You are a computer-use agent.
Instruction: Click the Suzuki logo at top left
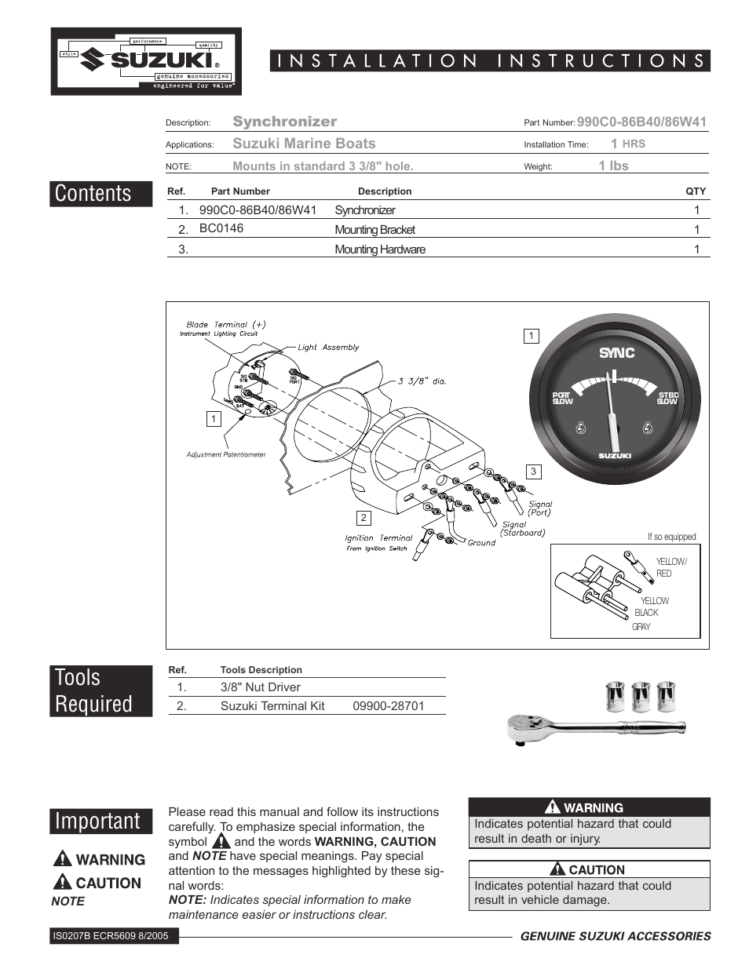[147, 61]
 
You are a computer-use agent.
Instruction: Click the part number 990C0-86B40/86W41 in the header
[641, 122]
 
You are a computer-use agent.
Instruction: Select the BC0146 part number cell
[221, 228]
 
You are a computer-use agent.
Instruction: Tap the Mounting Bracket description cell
[374, 230]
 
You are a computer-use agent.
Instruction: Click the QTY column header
[696, 191]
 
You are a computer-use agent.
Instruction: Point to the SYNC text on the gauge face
[616, 353]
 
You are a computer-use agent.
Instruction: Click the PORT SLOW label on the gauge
[562, 399]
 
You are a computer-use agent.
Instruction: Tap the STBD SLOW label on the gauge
[668, 399]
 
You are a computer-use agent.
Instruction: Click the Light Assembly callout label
[328, 347]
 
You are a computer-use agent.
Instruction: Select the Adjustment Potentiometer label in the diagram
[226, 454]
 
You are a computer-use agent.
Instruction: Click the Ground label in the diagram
[481, 542]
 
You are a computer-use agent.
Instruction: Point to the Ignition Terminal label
[378, 538]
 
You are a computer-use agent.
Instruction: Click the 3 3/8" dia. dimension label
[422, 381]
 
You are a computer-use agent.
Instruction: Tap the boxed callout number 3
[533, 472]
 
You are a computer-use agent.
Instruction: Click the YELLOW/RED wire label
[670, 567]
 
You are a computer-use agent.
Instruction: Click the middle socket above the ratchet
[641, 696]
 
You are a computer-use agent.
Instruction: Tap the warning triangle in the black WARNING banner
[553, 807]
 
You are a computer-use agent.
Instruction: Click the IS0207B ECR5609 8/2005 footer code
[111, 935]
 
